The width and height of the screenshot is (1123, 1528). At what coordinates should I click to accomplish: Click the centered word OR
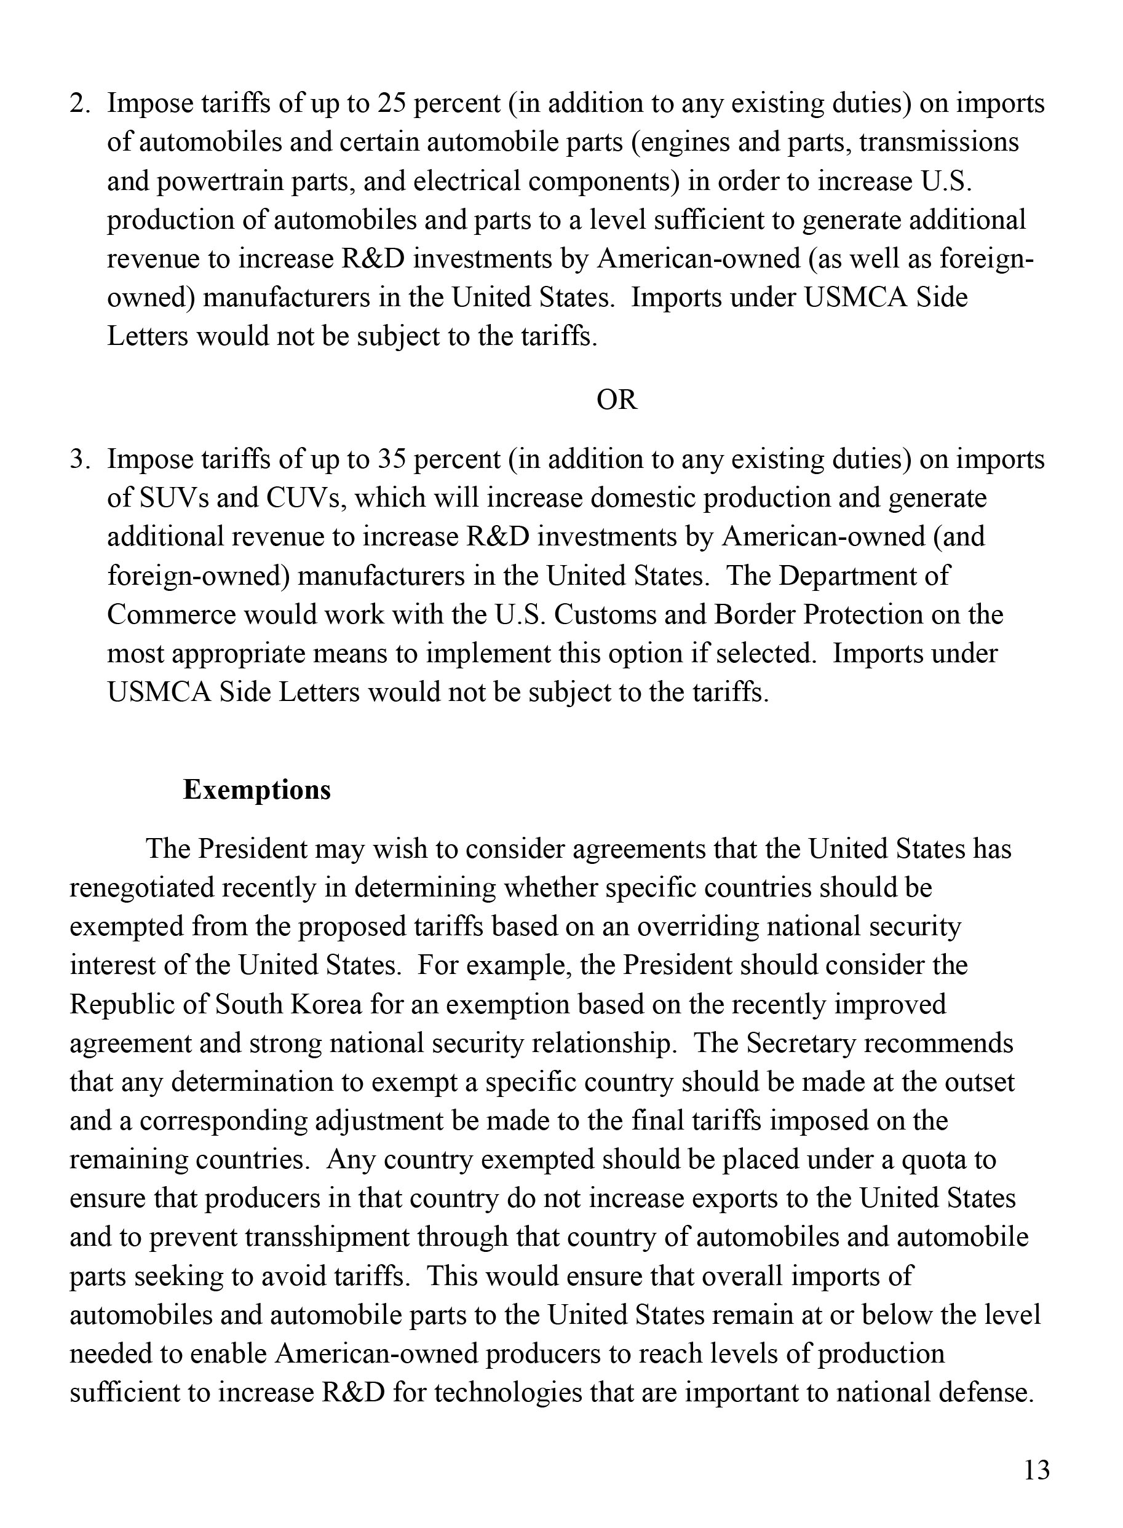pyautogui.click(x=617, y=400)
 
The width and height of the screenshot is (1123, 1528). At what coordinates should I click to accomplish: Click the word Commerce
pyautogui.click(x=170, y=614)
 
